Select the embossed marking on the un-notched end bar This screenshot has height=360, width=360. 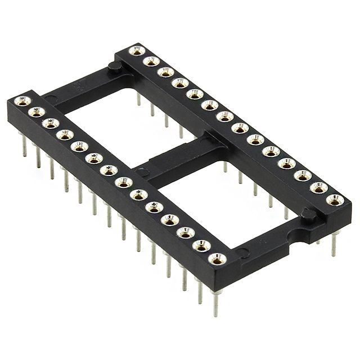[79, 88]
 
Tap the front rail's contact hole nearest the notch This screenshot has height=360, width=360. [217, 258]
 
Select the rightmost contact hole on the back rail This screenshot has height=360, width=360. [335, 199]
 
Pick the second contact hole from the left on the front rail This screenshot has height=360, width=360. [36, 112]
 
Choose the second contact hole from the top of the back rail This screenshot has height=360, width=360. [150, 61]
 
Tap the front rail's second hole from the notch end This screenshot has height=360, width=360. [201, 245]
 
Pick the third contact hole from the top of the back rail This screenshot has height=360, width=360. [165, 72]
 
